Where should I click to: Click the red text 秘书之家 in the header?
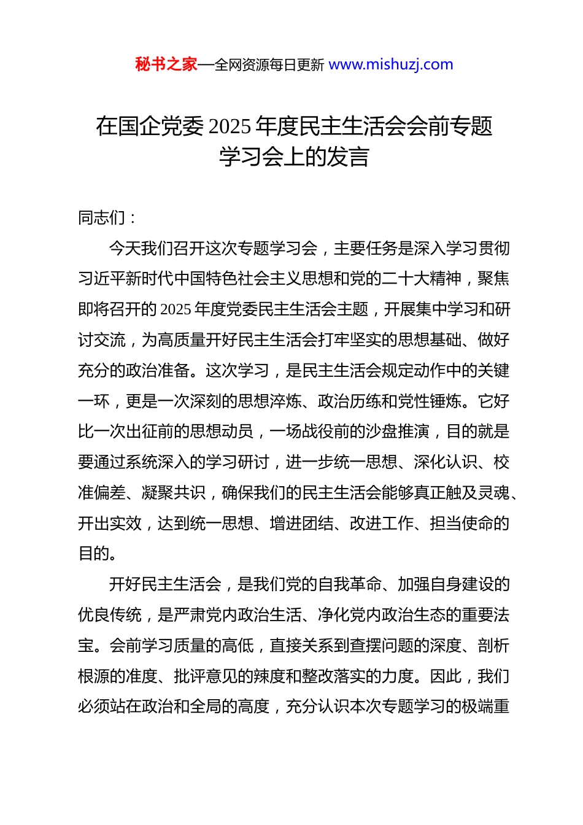[x=166, y=64]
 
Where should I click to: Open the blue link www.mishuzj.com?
[x=391, y=64]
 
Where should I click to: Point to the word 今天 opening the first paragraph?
[x=125, y=248]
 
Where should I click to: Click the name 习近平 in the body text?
[x=102, y=279]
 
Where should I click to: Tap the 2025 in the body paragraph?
[x=176, y=309]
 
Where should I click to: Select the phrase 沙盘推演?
[x=398, y=432]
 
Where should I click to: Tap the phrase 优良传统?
[x=110, y=615]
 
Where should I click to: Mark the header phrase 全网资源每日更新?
[x=269, y=65]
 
